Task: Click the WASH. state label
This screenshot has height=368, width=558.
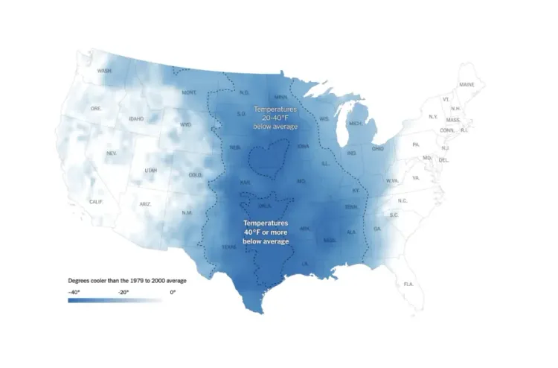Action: tap(105, 72)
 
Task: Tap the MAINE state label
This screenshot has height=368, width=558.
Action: tap(466, 85)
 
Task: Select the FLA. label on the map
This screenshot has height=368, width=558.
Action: tap(408, 285)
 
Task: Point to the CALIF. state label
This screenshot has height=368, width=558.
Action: tap(97, 202)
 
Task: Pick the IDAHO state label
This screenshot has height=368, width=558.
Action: tap(136, 118)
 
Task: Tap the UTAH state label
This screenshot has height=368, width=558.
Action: tap(150, 171)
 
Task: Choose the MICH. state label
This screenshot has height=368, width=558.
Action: tap(356, 124)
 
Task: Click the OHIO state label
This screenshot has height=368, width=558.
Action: tap(378, 149)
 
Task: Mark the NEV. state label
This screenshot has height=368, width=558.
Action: tap(112, 153)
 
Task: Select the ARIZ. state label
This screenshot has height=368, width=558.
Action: tap(145, 203)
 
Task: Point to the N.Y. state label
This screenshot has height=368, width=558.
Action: tap(433, 117)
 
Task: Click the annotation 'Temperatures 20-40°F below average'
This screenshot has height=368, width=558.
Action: tap(275, 118)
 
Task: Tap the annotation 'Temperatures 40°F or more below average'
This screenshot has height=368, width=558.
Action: tap(266, 232)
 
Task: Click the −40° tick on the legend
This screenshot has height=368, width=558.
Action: tap(74, 293)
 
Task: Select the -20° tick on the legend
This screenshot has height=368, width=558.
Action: tap(123, 293)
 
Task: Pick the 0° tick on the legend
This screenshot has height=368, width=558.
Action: tap(173, 293)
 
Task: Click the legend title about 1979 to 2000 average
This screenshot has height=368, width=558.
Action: tap(127, 280)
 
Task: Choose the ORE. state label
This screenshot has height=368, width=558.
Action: tap(96, 109)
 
